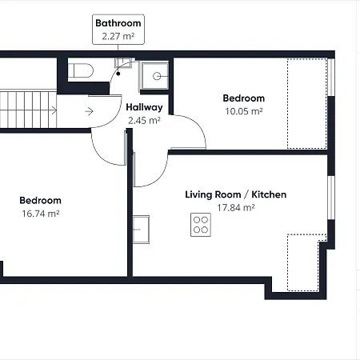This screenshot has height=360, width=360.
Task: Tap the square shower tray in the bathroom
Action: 156,76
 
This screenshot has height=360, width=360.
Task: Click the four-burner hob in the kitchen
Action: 201,225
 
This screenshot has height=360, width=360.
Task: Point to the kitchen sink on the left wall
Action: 142,229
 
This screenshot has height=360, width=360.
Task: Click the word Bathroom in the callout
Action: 118,23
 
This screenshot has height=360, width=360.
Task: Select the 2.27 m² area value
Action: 118,36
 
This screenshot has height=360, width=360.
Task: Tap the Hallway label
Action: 144,107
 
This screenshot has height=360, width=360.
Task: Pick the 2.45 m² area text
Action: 144,121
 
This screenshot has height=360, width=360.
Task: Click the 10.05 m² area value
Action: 243,111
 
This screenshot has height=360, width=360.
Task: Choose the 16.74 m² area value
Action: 40,214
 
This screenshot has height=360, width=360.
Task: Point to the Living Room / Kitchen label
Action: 235,194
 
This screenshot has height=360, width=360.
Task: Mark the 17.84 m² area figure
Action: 235,208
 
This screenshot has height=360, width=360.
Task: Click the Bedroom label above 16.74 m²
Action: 40,200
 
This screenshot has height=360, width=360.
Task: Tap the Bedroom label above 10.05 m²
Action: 243,98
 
